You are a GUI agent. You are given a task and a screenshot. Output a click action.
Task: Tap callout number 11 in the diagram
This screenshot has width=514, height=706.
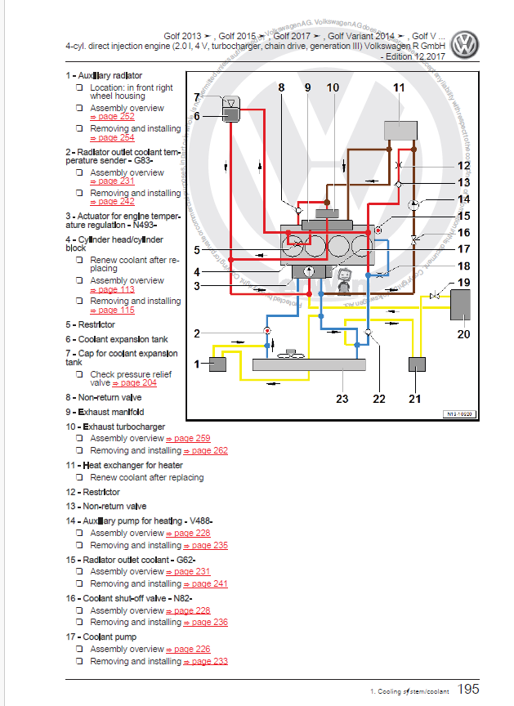[398, 87]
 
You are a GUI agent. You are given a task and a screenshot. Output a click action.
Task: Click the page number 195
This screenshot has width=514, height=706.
[468, 690]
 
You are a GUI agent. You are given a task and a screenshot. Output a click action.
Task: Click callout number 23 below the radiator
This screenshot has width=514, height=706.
[342, 399]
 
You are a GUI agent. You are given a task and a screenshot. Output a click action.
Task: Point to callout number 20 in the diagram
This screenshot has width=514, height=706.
[464, 333]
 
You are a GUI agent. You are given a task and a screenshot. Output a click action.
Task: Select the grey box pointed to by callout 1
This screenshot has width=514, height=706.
[218, 364]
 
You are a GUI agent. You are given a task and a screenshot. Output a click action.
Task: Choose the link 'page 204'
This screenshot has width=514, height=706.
[138, 382]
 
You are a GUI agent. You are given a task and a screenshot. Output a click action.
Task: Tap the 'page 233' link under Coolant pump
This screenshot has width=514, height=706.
[208, 661]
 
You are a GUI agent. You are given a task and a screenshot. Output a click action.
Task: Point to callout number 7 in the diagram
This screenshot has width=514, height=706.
[197, 99]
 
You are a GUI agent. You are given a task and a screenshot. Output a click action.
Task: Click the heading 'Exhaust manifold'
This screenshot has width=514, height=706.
[113, 412]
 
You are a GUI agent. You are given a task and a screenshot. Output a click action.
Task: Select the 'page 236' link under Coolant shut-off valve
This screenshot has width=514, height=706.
[208, 622]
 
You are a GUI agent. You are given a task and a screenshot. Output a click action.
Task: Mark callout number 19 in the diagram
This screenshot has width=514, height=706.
[464, 284]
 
